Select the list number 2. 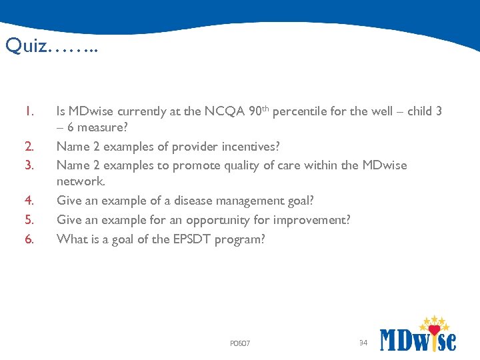[x=28, y=147]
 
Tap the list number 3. [x=28, y=165]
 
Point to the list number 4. [x=28, y=201]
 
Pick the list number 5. [x=28, y=219]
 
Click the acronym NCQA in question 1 [x=221, y=111]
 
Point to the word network [x=80, y=181]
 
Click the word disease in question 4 [x=195, y=201]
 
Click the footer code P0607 [x=239, y=344]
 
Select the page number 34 [x=363, y=343]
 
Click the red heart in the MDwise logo [x=435, y=329]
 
